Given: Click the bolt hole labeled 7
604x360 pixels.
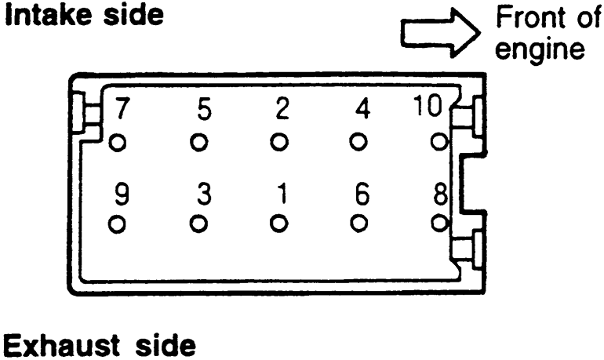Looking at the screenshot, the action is coord(118,143).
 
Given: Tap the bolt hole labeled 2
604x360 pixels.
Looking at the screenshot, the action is coord(279,143).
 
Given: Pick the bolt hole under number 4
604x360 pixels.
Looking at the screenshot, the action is coord(359,143).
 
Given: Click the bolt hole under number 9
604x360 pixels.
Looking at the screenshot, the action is coord(118,223).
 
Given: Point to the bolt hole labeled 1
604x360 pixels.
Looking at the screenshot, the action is coord(279,223).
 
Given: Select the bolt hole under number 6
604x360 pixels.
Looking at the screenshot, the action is coord(359,223).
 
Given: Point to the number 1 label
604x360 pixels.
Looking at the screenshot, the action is coord(280,194).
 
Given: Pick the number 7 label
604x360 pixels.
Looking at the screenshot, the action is coord(121,110).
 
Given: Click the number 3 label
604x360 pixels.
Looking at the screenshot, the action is coord(202,194).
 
